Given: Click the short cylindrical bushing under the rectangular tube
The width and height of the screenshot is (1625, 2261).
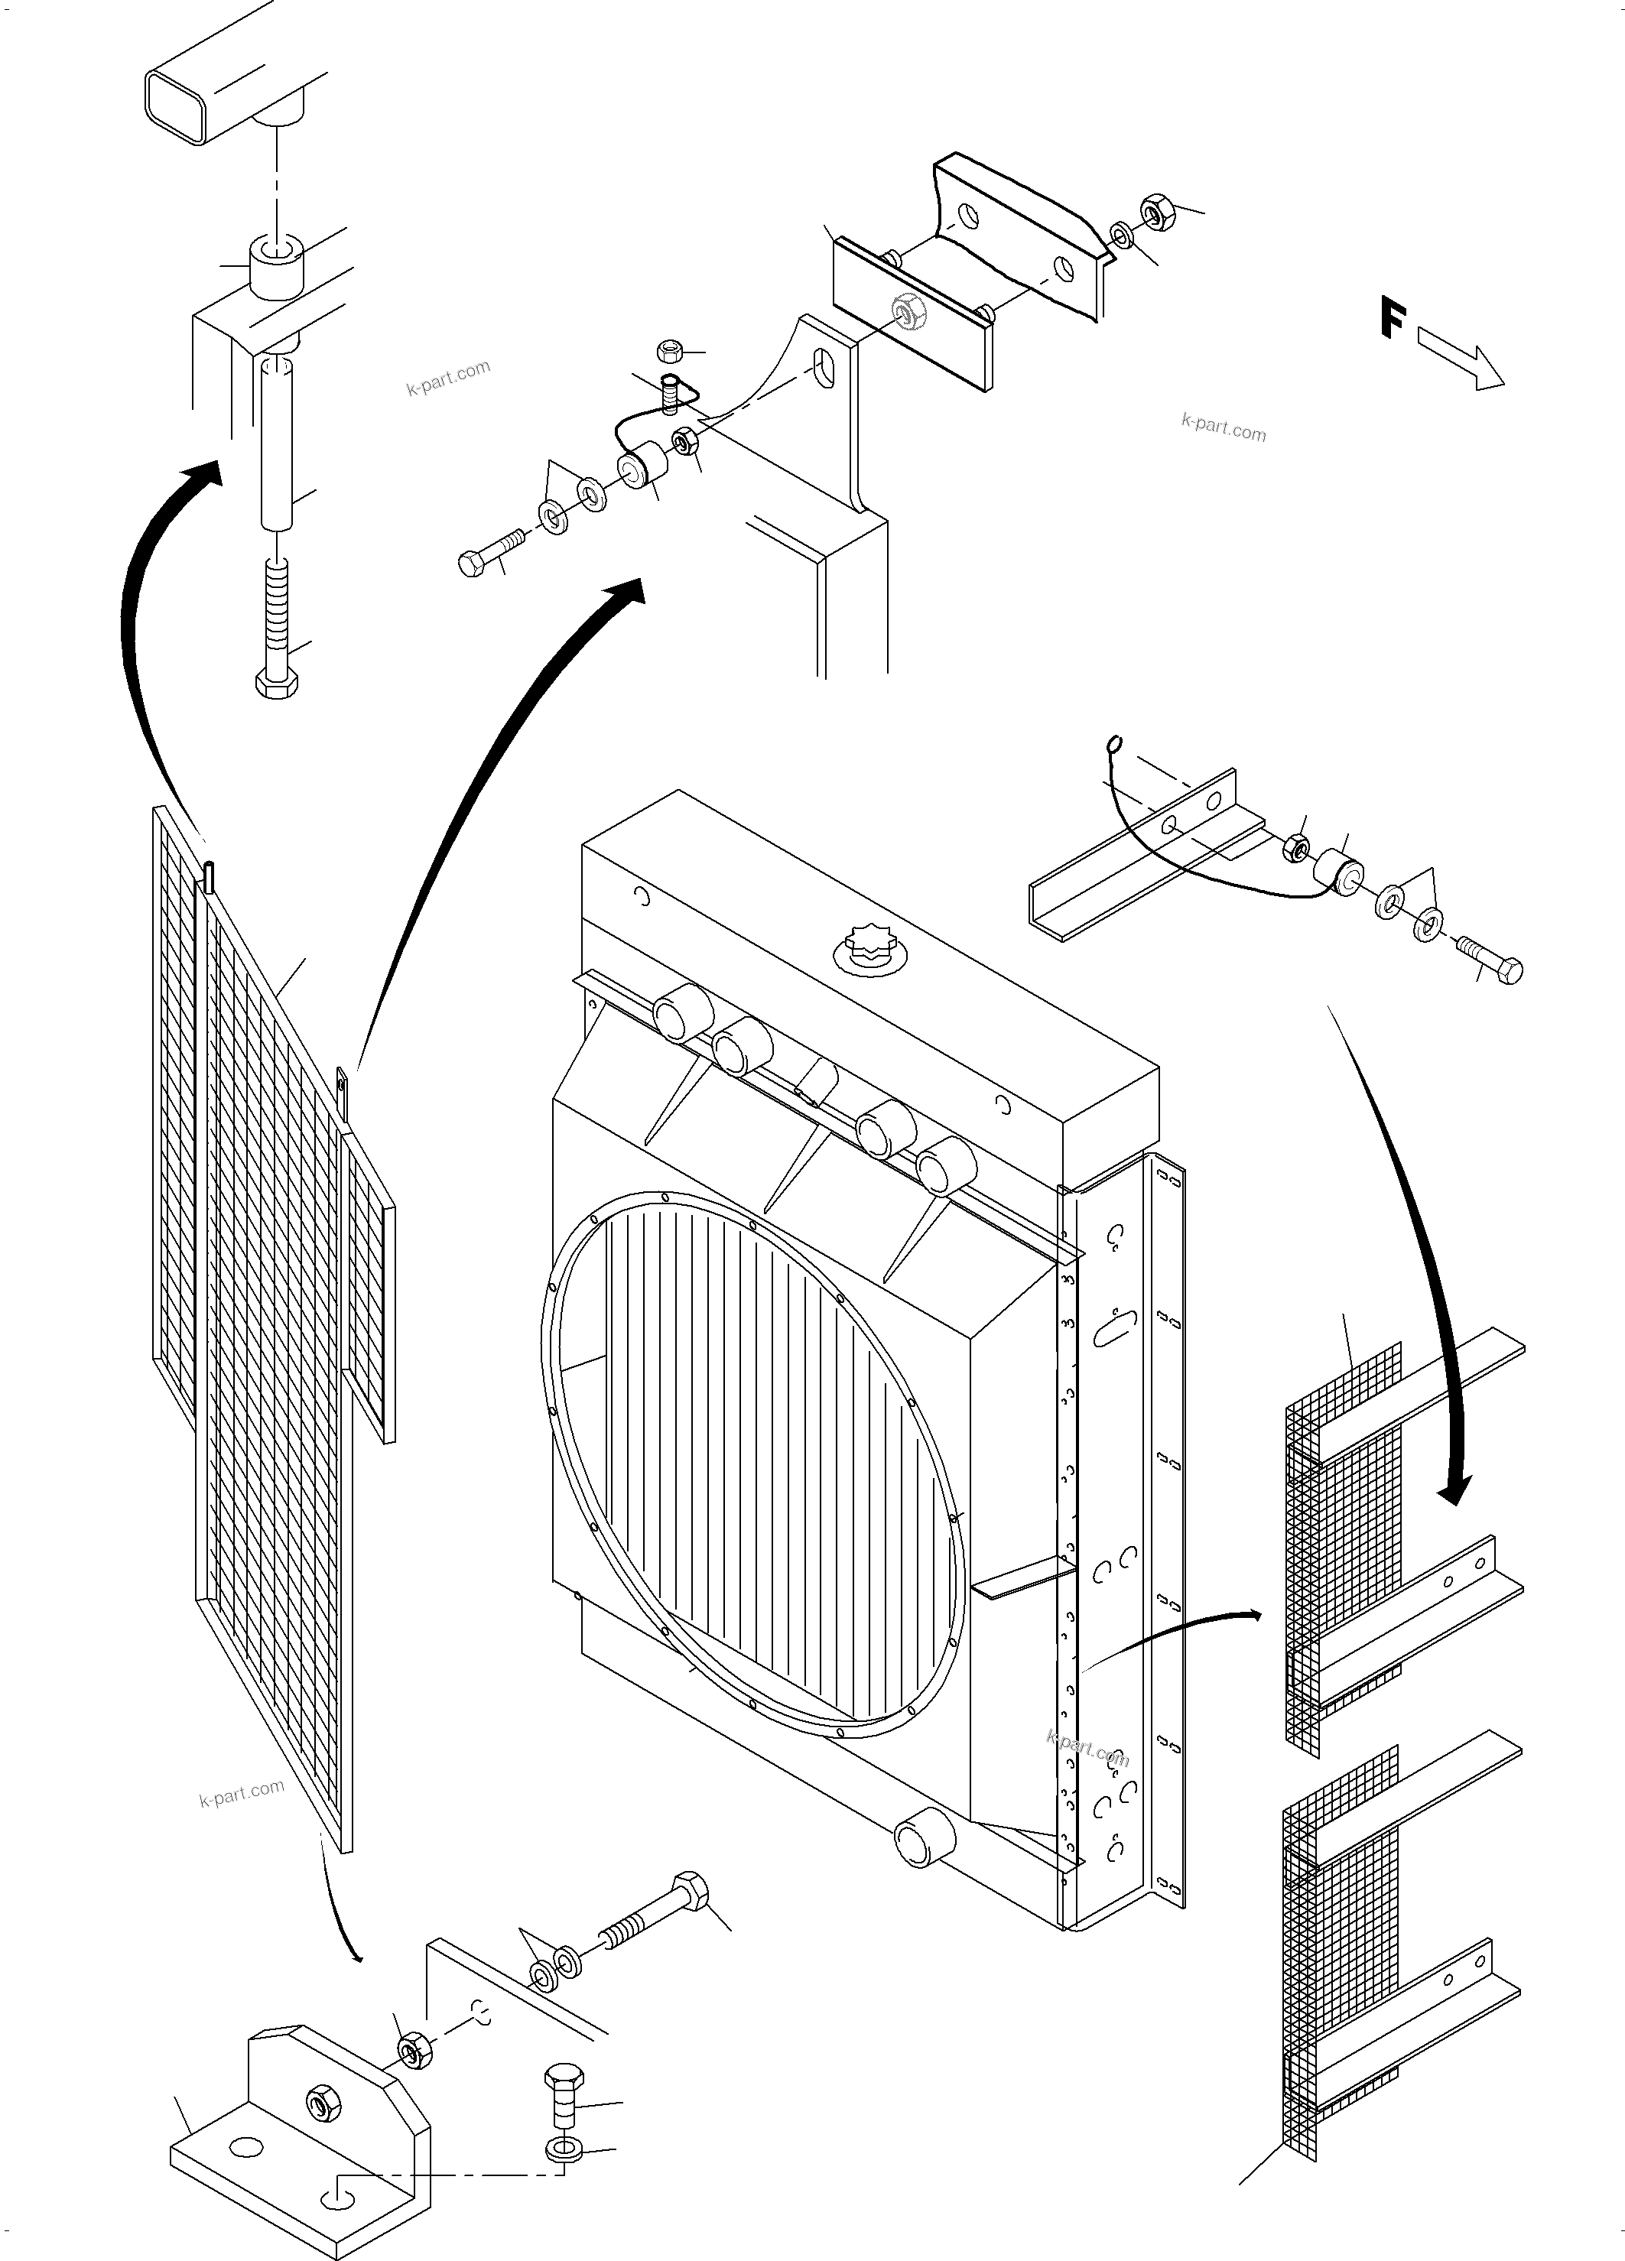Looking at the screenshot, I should click(x=276, y=267).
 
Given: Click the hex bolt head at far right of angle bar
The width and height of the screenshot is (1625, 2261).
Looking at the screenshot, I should click(x=1508, y=970).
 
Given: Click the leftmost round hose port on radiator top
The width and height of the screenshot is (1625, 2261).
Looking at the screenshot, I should click(x=681, y=1012).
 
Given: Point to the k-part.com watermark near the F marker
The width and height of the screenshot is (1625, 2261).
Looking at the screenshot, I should click(x=1224, y=429).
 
